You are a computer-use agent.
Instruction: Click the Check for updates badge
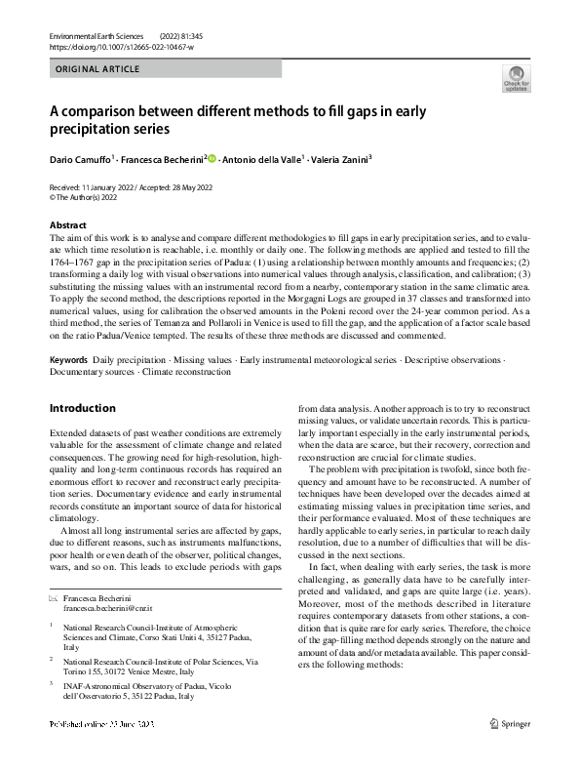(x=516, y=79)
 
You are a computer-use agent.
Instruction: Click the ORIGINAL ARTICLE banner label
(x=98, y=69)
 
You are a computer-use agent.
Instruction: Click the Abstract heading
(x=67, y=225)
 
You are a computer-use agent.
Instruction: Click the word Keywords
(x=69, y=361)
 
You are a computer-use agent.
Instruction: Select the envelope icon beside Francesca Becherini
(x=53, y=568)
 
